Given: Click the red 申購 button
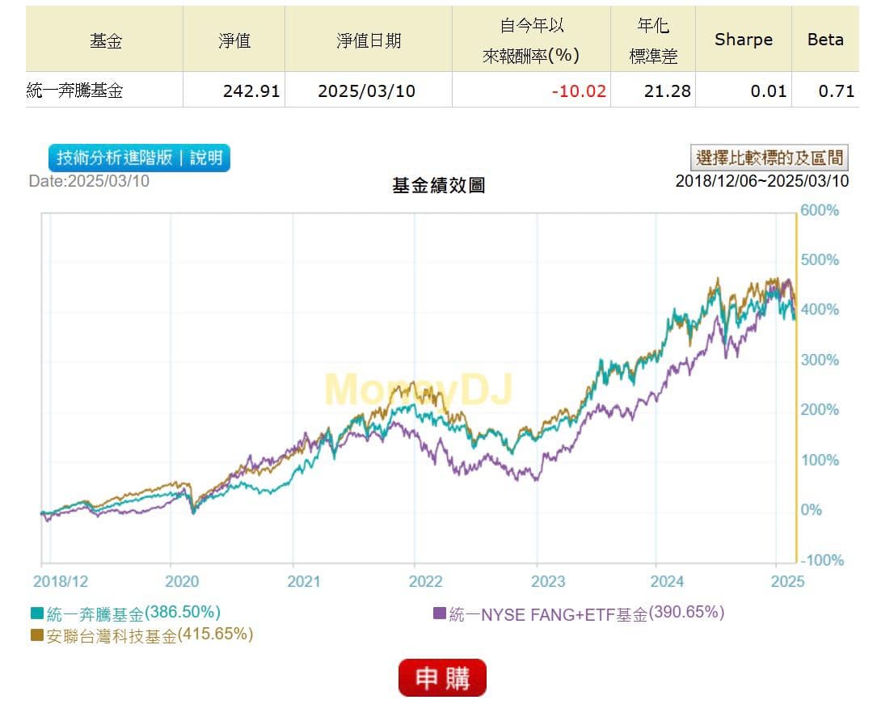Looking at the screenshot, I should (442, 677).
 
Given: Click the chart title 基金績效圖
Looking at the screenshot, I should (438, 185).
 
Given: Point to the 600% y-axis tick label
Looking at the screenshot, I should (820, 210).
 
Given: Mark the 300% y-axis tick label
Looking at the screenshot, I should (820, 360).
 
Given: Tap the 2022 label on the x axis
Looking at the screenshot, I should (426, 581).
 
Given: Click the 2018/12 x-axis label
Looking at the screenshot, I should (61, 581).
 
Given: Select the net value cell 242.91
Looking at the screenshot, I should (251, 91).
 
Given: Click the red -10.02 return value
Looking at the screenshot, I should (579, 91).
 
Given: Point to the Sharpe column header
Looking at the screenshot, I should (744, 40).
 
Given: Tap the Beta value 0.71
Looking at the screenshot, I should (836, 91).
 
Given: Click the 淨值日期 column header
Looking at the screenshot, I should (369, 40).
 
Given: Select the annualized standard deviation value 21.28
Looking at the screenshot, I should (668, 91).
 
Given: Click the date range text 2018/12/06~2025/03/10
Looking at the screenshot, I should (762, 181).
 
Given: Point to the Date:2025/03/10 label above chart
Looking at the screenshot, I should (89, 181).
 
